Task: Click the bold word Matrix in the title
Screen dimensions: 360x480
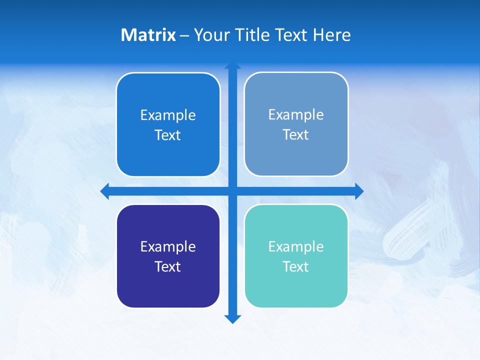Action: pos(148,35)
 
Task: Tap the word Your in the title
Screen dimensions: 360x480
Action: pos(211,35)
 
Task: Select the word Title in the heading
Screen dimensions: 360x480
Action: pos(252,35)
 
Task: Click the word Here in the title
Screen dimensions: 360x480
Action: pos(331,35)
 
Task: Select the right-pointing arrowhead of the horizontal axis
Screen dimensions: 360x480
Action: pos(359,191)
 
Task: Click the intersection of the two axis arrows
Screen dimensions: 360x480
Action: pos(232,191)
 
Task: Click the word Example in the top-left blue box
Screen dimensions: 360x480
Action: pos(168,115)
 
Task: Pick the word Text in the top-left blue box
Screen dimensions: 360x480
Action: pos(168,135)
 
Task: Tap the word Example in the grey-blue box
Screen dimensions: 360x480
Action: pos(296,114)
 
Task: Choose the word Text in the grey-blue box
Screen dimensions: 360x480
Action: pos(296,134)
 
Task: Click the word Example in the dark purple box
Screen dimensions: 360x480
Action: pos(168,246)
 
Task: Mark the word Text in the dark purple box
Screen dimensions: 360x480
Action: pos(168,266)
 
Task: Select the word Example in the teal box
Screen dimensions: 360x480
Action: pos(296,246)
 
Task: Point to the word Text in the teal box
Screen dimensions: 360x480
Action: pos(296,266)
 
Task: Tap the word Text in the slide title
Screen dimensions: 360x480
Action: pos(291,35)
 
